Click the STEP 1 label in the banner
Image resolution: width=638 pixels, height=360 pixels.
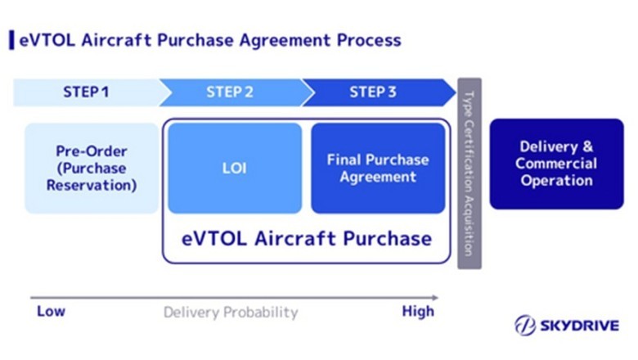[x=86, y=92]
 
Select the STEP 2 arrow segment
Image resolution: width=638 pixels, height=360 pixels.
[x=230, y=92]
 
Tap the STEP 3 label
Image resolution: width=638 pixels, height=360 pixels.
[x=373, y=92]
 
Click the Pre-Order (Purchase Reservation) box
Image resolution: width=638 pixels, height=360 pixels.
[x=91, y=169]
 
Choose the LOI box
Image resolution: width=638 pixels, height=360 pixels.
[x=234, y=169]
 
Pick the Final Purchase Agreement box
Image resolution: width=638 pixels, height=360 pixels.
[x=378, y=169]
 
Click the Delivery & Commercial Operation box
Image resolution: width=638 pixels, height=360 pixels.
[x=556, y=164]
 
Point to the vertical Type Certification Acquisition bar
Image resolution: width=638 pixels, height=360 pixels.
[x=470, y=173]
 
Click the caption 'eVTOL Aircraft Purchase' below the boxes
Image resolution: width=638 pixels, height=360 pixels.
[x=306, y=238]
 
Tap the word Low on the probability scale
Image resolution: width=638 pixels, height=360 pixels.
[x=51, y=312]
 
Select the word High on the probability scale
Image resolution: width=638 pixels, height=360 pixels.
[x=418, y=312]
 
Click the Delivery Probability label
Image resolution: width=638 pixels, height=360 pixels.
[x=231, y=313]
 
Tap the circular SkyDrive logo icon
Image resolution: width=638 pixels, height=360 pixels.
[x=524, y=326]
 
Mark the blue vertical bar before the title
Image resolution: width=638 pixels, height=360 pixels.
[x=11, y=39]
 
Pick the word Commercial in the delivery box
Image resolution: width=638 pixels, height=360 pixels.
[x=556, y=164]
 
